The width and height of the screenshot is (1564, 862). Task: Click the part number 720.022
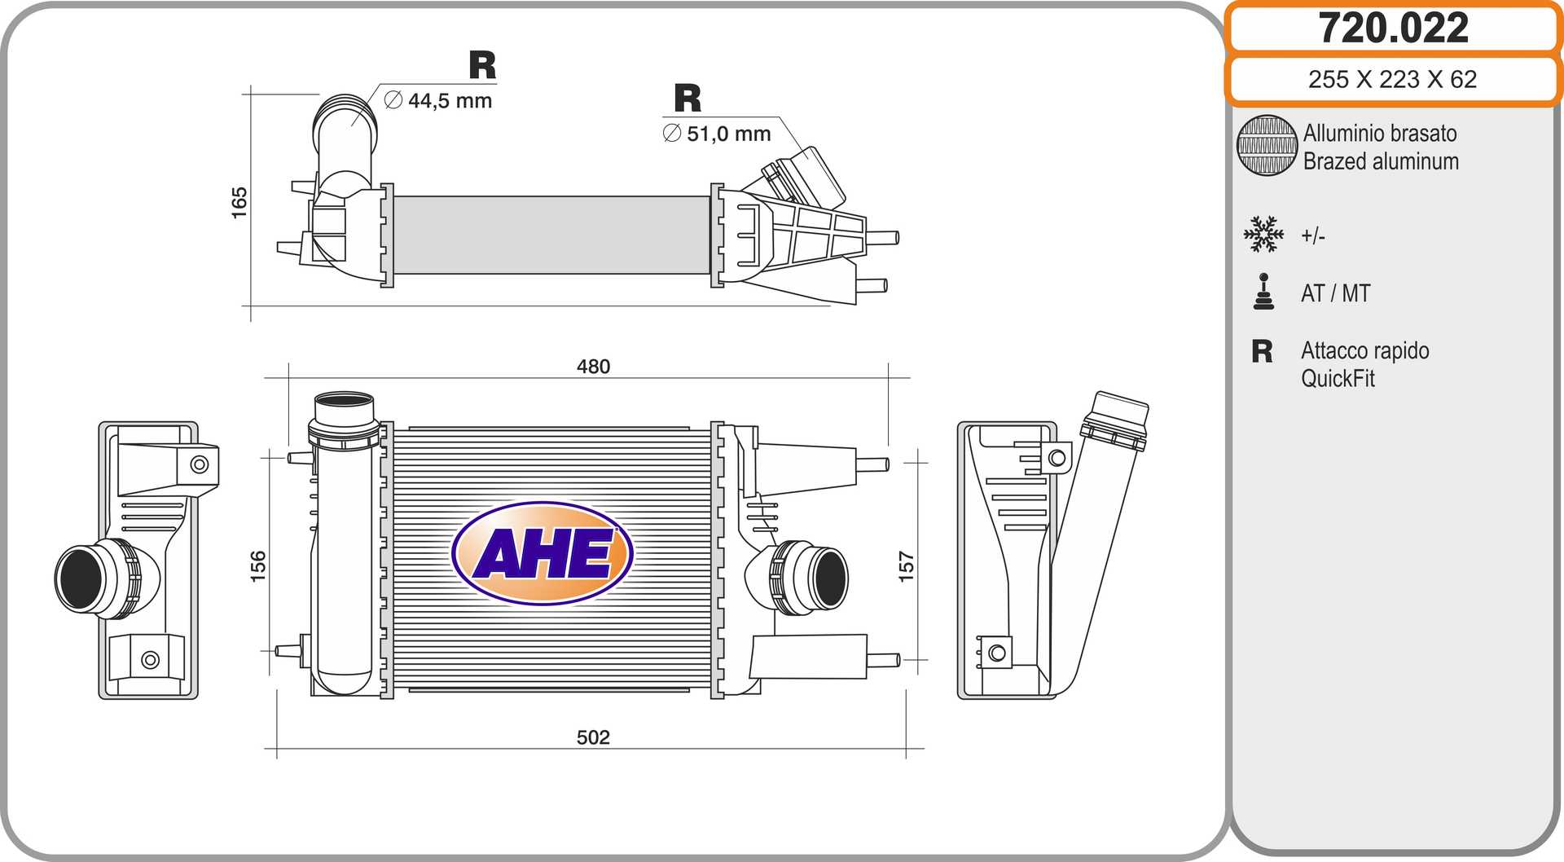click(1393, 28)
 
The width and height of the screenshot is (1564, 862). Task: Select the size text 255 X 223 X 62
click(1392, 79)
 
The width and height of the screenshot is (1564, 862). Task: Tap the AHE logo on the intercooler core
click(543, 553)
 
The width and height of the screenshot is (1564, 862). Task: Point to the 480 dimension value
click(593, 367)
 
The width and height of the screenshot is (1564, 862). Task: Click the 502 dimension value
click(593, 737)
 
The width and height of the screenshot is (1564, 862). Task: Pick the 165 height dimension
click(239, 203)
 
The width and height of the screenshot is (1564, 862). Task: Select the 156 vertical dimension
click(257, 566)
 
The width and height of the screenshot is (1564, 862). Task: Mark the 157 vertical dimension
click(906, 566)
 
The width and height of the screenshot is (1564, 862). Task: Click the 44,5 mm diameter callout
click(438, 101)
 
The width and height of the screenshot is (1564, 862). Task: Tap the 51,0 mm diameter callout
click(717, 134)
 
